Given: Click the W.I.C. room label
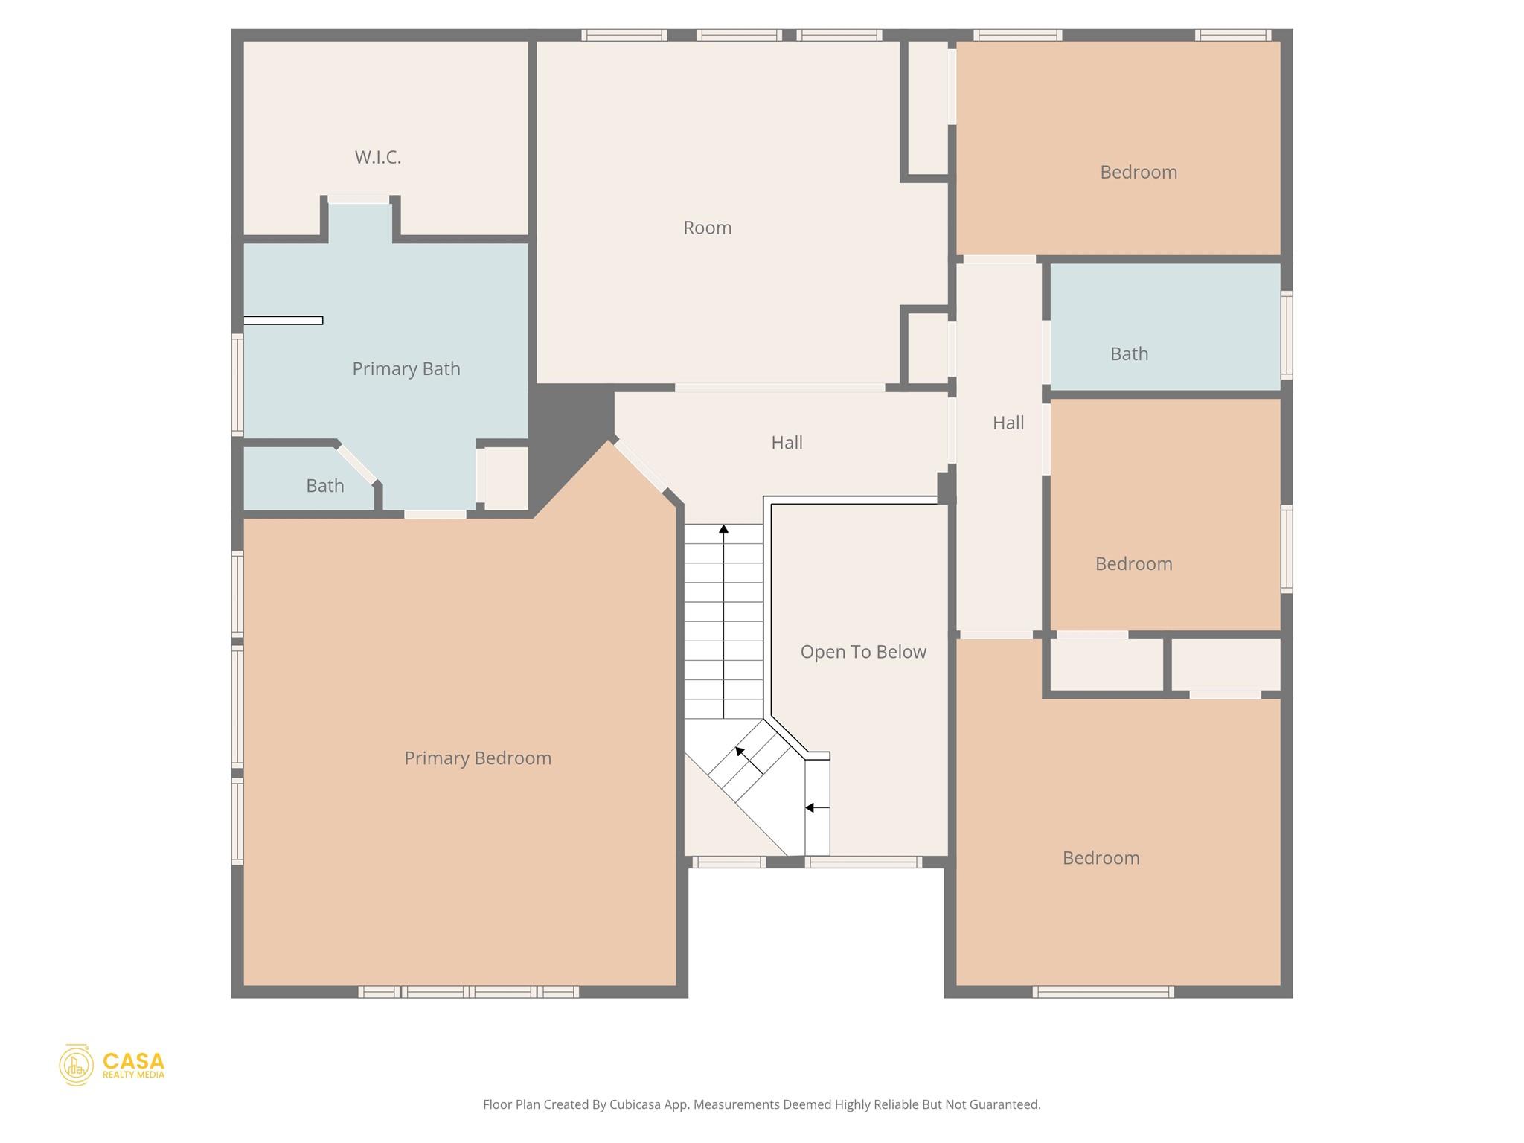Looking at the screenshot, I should (377, 157).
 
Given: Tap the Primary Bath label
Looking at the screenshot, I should (406, 368).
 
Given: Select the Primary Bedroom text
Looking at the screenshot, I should (477, 758).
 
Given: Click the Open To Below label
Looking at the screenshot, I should (862, 652).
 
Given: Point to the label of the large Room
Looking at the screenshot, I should (707, 228).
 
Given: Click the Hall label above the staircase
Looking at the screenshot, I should (786, 443).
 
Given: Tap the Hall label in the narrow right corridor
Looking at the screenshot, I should (1008, 423).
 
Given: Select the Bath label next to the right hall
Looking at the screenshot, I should (1128, 353).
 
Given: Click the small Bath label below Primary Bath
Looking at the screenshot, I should (324, 486).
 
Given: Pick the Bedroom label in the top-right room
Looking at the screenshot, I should (1138, 172).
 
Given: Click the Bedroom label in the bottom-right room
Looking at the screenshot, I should (1100, 858).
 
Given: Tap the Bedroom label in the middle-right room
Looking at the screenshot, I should (1133, 563).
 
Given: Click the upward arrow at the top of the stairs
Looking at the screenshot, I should (723, 529).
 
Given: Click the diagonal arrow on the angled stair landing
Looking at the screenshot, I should (740, 752).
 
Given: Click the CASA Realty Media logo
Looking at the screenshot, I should (112, 1064).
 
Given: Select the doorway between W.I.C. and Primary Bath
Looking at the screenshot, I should (359, 199).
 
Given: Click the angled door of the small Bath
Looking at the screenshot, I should (356, 464).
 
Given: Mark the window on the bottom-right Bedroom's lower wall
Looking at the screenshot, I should (1103, 991).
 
